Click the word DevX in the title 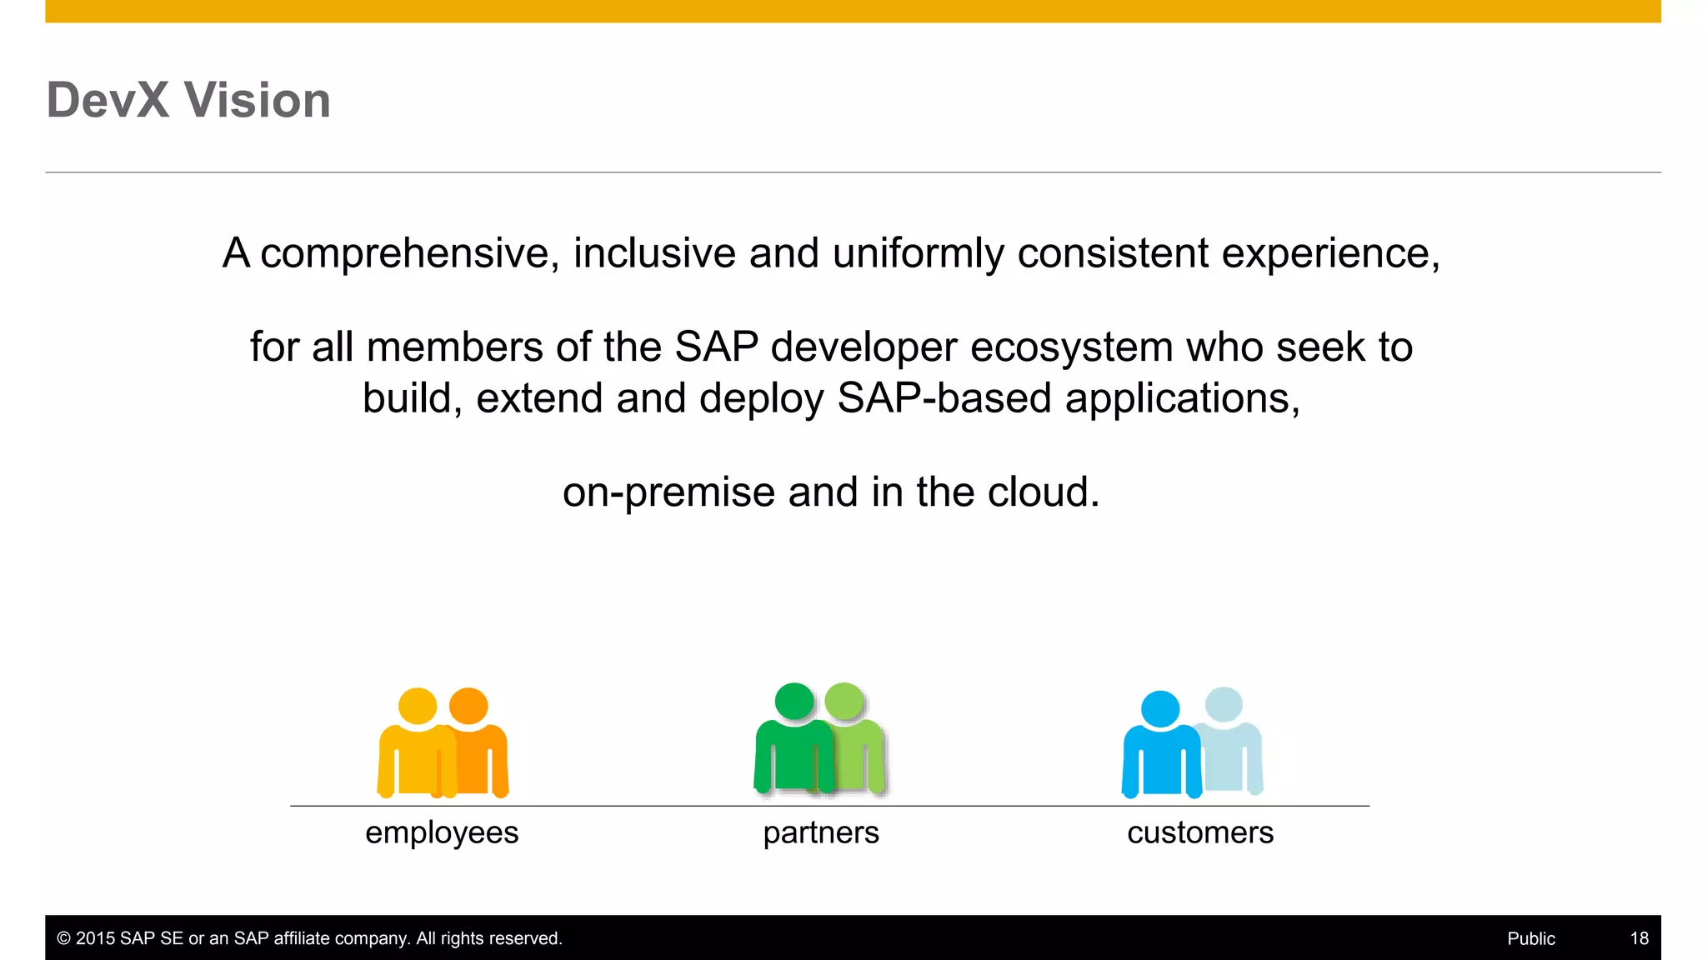tap(108, 100)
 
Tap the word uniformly tap(918, 253)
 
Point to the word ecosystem tap(1071, 347)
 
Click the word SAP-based tap(944, 398)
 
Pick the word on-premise tap(668, 492)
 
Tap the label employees tap(442, 832)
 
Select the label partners tap(821, 832)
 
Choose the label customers tap(1200, 832)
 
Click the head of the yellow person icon tap(418, 706)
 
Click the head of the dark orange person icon tap(469, 706)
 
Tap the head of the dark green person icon tap(794, 701)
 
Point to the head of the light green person tap(845, 701)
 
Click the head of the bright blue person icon tap(1160, 709)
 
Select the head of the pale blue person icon tap(1224, 705)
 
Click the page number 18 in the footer tap(1639, 938)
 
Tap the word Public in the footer tap(1531, 938)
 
